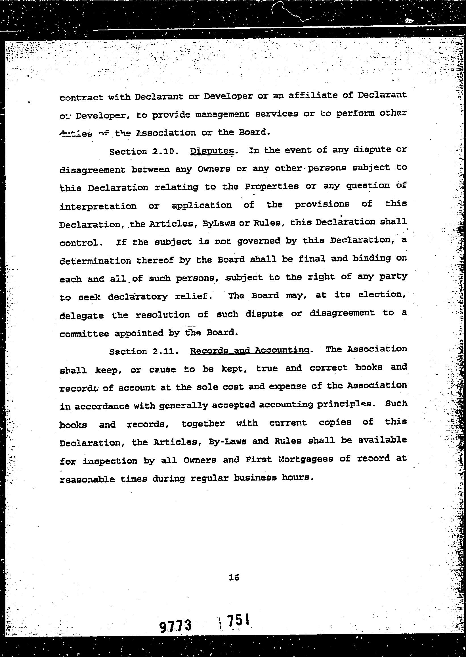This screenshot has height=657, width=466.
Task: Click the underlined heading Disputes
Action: (x=212, y=151)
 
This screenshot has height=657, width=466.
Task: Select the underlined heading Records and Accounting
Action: (x=250, y=350)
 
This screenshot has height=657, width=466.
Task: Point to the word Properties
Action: (x=271, y=186)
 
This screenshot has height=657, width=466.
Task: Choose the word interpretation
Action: (x=98, y=206)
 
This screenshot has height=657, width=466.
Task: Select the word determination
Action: (x=95, y=261)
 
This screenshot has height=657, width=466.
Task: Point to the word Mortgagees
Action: (x=305, y=459)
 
